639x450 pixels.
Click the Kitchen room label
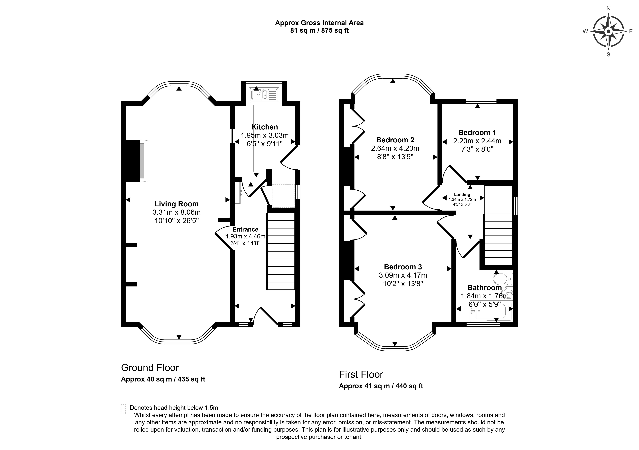pyautogui.click(x=264, y=127)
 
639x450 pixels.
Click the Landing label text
pyautogui.click(x=462, y=195)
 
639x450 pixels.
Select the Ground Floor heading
pyautogui.click(x=150, y=368)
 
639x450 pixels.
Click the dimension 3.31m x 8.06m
pyautogui.click(x=176, y=212)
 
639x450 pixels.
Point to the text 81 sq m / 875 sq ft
pyautogui.click(x=319, y=31)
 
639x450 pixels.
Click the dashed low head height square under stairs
pyautogui.click(x=283, y=196)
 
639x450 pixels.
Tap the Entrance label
pyautogui.click(x=245, y=229)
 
